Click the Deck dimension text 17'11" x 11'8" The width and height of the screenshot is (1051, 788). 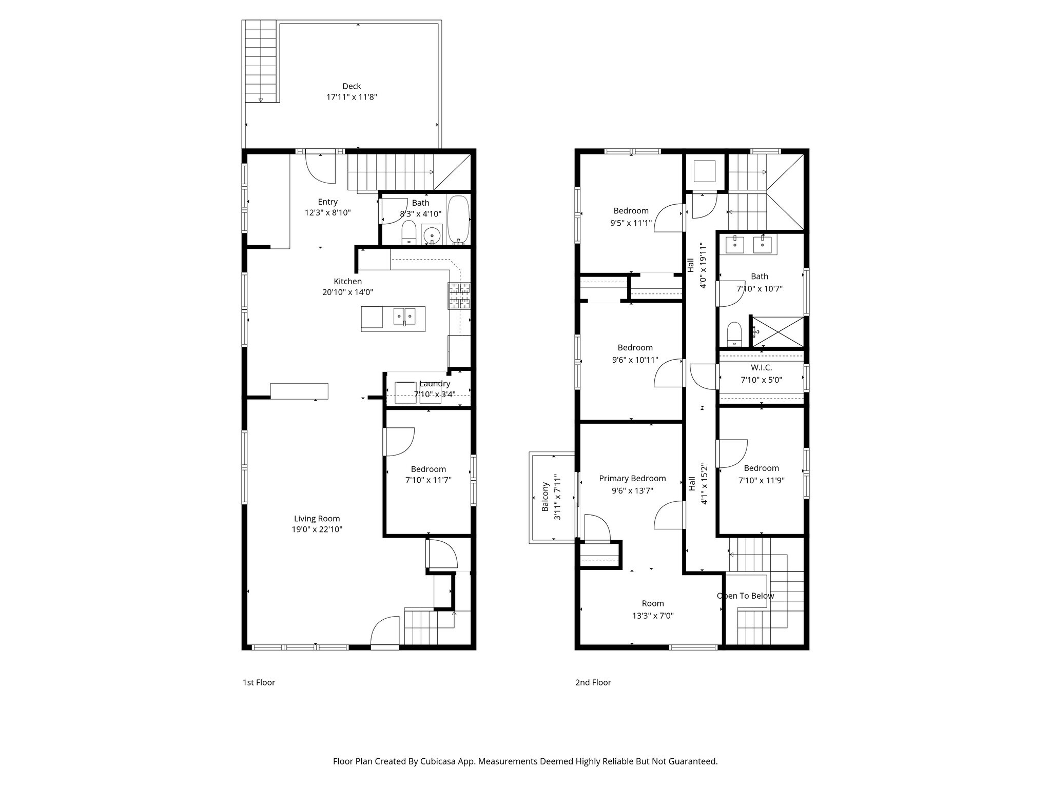pos(352,97)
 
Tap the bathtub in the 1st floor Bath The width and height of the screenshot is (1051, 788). pos(458,220)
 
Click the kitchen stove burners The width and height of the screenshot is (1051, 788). pos(459,296)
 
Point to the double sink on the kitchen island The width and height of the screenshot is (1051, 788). pos(404,316)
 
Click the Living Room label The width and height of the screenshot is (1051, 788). pos(317,519)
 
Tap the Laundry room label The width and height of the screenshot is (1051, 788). pos(435,384)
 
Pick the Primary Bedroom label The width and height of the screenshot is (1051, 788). pos(632,479)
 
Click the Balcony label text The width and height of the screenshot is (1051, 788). pos(546,497)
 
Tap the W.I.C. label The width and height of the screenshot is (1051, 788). pos(761,368)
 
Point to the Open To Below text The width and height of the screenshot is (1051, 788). pos(745,596)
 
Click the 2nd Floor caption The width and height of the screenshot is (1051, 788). pos(593,682)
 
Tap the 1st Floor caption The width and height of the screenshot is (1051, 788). pos(259,682)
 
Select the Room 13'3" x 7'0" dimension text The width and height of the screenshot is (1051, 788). pos(653,616)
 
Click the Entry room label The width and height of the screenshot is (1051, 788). pos(327,202)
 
